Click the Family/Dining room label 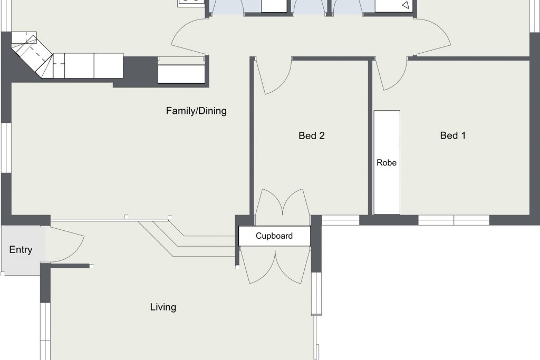coord(196,111)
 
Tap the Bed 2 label coord(311,135)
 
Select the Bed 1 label coord(452,135)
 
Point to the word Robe coord(387,162)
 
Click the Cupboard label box coord(274,236)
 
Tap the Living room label coord(163,307)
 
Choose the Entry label coord(21,249)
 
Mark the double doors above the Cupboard coord(283,203)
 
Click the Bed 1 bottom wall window coord(454,220)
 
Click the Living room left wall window coord(45,331)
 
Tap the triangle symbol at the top coord(406,5)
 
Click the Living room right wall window coord(316,294)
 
